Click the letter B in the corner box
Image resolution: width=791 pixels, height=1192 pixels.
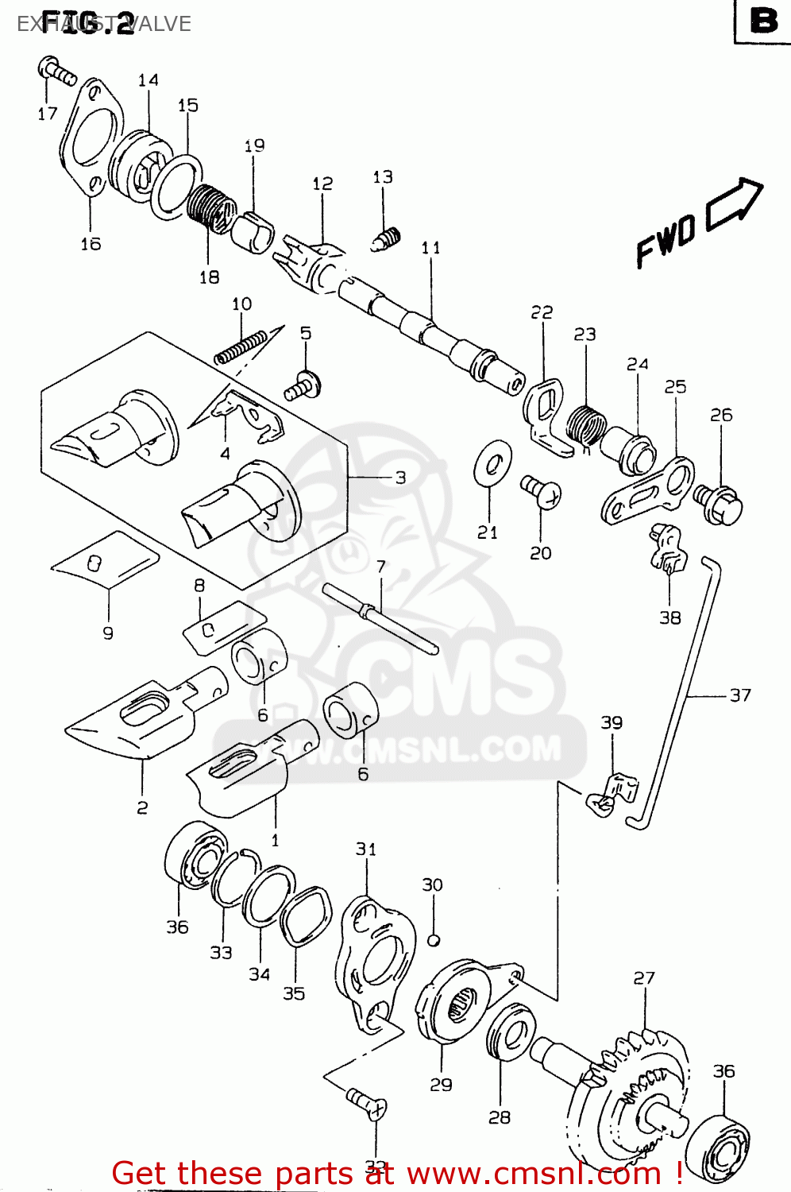click(x=763, y=21)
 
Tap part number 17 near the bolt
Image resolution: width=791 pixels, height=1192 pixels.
click(x=47, y=114)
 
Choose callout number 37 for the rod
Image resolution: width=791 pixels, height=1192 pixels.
click(x=739, y=695)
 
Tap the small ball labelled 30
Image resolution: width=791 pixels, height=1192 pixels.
click(x=433, y=940)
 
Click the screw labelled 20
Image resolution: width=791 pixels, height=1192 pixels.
click(x=542, y=490)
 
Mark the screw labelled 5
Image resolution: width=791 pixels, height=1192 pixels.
click(x=303, y=387)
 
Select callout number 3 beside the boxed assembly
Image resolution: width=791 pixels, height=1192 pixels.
click(x=400, y=478)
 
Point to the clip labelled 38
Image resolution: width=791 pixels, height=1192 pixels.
click(x=666, y=549)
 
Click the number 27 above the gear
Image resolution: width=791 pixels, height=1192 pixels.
click(x=644, y=977)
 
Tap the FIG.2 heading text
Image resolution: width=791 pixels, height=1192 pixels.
click(x=87, y=23)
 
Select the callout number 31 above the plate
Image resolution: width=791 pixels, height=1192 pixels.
click(x=365, y=849)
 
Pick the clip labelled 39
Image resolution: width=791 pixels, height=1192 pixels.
click(x=613, y=795)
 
